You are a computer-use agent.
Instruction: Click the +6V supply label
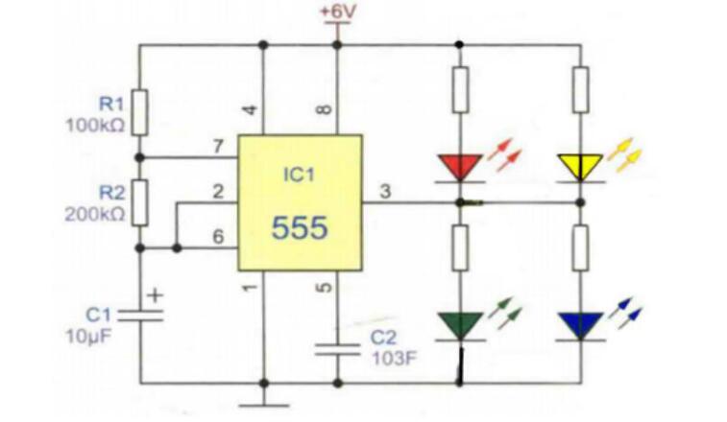[337, 12]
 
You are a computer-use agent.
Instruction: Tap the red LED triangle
[459, 167]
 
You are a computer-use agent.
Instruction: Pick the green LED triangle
[460, 324]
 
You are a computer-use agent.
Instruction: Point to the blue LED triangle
[581, 324]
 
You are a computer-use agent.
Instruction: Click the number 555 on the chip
[299, 227]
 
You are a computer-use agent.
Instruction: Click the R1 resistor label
[111, 102]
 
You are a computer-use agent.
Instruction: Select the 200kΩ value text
[95, 214]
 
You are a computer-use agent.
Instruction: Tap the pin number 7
[218, 147]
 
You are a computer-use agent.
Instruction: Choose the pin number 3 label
[385, 192]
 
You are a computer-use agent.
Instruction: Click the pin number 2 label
[218, 192]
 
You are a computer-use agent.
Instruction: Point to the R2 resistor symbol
[140, 200]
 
